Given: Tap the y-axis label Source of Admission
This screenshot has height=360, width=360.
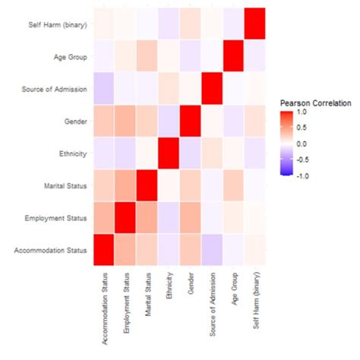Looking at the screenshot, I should pos(52,90).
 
